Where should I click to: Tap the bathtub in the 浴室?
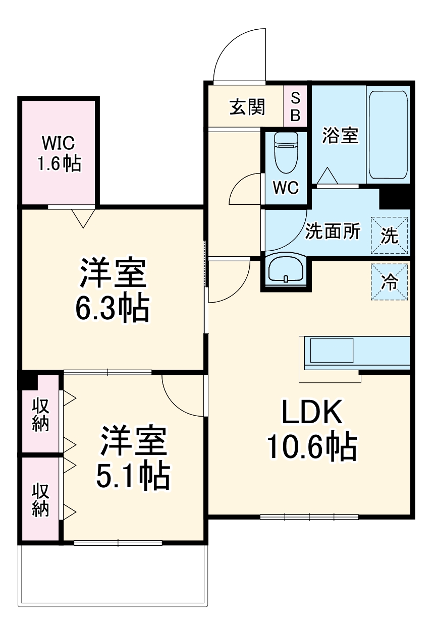(x=388, y=134)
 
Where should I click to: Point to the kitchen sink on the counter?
(x=332, y=350)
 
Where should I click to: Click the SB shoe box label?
(x=296, y=106)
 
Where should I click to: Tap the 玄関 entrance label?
(x=247, y=107)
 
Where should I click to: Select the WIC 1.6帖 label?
(x=60, y=153)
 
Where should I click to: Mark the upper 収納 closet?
(x=41, y=415)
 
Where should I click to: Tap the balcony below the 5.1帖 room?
(x=113, y=575)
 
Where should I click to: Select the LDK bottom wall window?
(x=309, y=516)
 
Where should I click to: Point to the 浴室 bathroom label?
(x=340, y=135)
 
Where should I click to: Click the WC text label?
(x=286, y=188)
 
